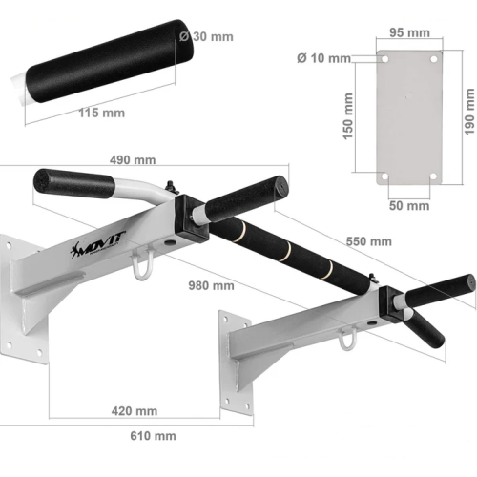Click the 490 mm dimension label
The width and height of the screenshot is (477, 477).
pos(133,159)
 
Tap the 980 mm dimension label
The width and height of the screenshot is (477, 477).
pos(211,285)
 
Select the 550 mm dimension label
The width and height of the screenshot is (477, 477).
pos(369,241)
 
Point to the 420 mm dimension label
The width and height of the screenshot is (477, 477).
pos(135,411)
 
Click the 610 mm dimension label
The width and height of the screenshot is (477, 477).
pos(153,436)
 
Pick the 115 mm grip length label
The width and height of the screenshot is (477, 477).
pos(102,113)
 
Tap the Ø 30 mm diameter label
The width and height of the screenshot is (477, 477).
pos(206,36)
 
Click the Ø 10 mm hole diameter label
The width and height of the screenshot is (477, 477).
pos(323,58)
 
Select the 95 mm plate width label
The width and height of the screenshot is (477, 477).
pos(409,32)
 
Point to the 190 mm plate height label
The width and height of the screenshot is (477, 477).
pos(469,112)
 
